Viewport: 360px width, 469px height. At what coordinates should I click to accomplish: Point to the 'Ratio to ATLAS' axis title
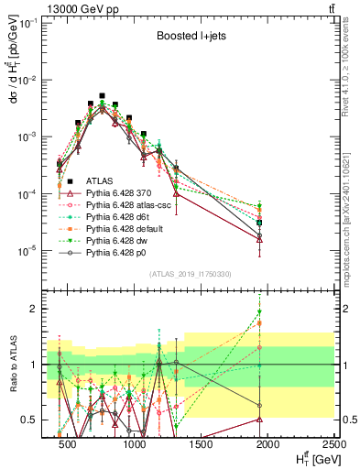[x=13, y=364]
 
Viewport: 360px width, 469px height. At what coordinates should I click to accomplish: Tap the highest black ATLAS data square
[x=103, y=95]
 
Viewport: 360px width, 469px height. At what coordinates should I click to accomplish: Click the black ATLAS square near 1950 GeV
[x=260, y=223]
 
